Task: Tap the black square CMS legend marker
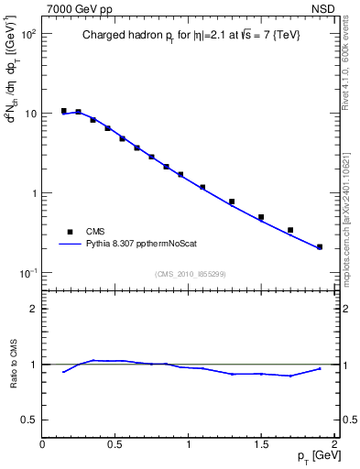click(67, 232)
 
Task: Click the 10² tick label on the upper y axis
click(27, 33)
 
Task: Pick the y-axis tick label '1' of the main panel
click(33, 193)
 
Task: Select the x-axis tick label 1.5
click(262, 444)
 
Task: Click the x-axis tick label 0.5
click(115, 444)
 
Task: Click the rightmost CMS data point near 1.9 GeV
click(320, 246)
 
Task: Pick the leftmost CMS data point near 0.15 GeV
click(64, 111)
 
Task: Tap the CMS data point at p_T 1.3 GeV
click(232, 202)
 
